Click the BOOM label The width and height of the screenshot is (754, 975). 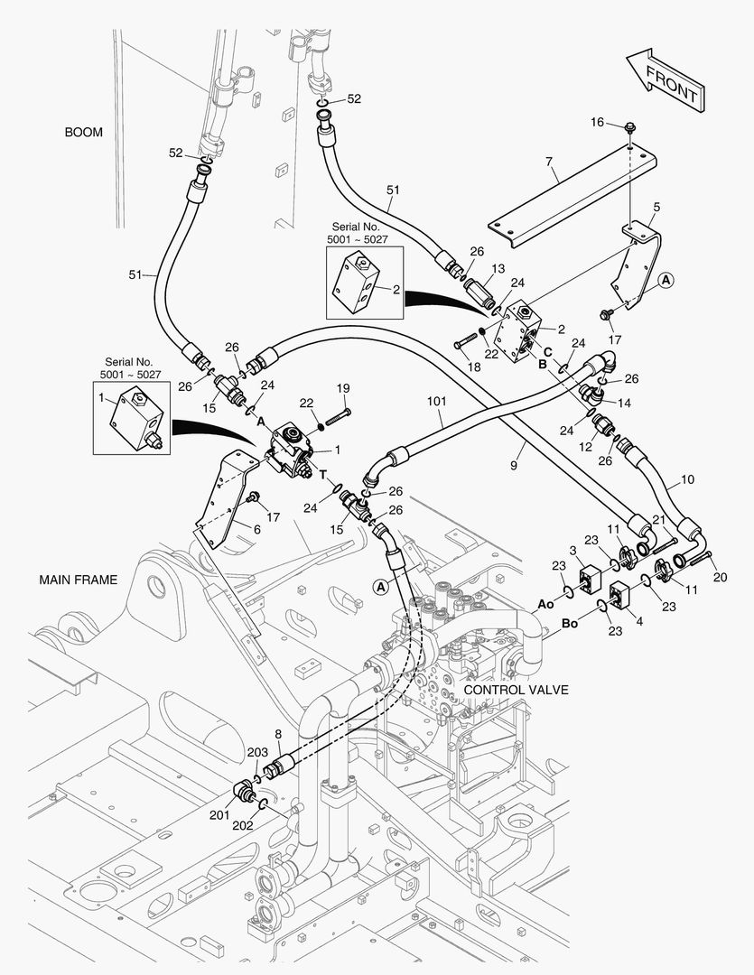pos(83,133)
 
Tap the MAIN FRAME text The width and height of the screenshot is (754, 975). pos(79,580)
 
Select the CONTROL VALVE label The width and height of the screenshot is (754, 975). pos(517,690)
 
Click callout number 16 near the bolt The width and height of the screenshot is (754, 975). pos(597,122)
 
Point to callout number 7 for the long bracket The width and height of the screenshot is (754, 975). pos(549,162)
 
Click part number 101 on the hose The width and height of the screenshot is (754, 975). pos(437,401)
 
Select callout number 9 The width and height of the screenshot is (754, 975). pos(514,465)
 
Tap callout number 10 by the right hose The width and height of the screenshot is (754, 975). pos(687,479)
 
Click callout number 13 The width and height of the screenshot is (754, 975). pos(498,269)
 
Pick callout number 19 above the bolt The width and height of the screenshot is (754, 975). pos(343,388)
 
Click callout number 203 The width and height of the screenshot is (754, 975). pos(257,752)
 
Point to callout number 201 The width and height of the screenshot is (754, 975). pos(219,815)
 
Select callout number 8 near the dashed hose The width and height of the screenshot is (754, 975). pos(278,734)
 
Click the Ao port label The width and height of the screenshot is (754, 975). pos(545,604)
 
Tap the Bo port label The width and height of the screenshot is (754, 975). pos(570,623)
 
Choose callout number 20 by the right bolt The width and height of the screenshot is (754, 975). pos(720,577)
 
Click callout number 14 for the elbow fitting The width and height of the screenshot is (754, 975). pos(624,403)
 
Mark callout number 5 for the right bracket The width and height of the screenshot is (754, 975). pos(656,207)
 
